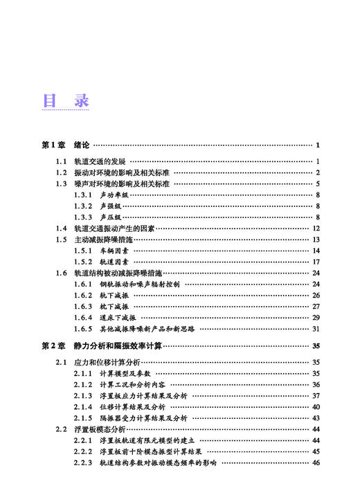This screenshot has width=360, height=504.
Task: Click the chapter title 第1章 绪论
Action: pos(66,145)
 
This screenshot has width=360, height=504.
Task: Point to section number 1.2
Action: pos(62,172)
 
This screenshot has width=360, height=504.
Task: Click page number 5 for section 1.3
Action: pos(317,183)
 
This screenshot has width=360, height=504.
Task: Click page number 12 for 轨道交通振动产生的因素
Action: pos(316,228)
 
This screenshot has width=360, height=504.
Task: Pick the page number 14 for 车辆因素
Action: pos(316,251)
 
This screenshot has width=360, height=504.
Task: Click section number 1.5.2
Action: pos(83,262)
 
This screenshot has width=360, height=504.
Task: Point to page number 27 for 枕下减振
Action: pos(316,307)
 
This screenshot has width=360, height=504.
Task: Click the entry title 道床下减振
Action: pos(116,318)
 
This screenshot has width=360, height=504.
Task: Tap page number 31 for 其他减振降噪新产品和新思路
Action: pos(316,329)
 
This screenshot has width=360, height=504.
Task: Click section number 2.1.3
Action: pos(83,396)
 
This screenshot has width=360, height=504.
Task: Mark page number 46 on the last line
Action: pos(316,462)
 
